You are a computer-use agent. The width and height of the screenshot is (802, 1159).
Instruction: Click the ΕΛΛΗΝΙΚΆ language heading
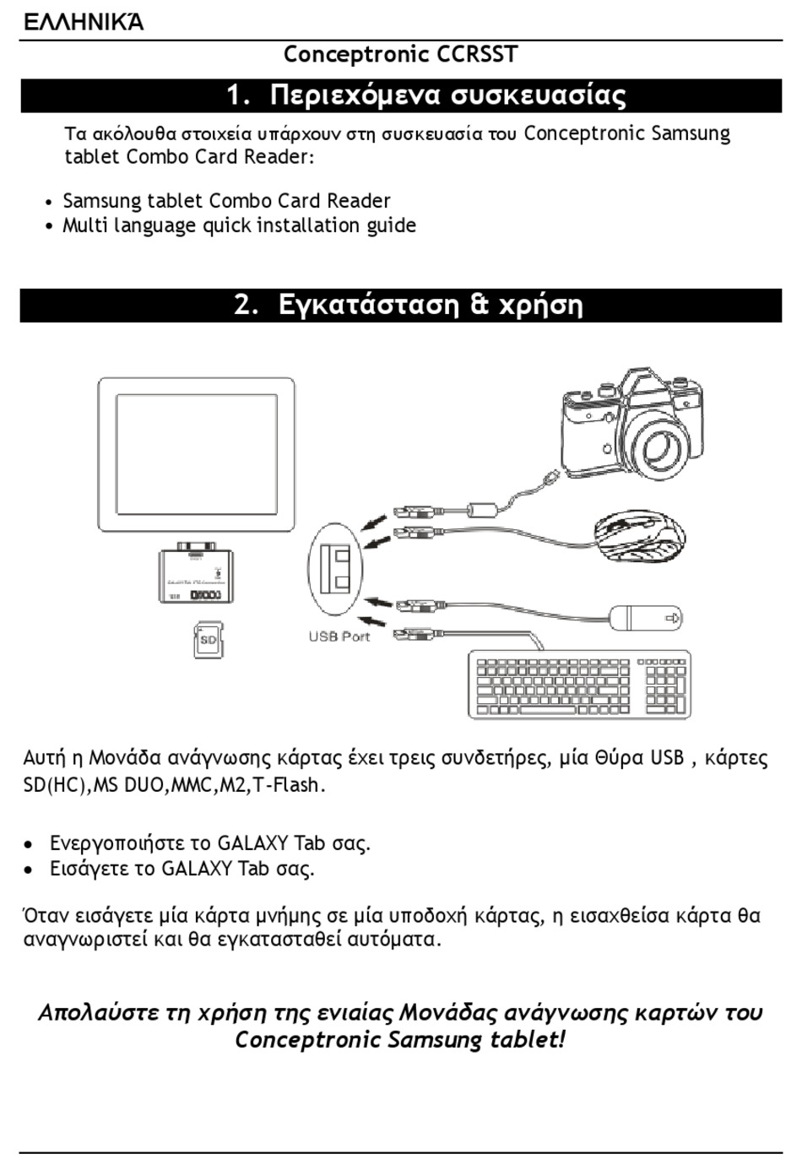(x=83, y=21)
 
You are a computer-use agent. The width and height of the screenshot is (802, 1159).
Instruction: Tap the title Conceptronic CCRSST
(x=400, y=55)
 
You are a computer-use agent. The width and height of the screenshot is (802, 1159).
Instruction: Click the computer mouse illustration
(x=640, y=538)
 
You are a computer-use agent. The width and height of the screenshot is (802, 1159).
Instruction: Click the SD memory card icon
(x=208, y=639)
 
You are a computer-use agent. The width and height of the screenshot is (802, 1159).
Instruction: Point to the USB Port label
(x=339, y=636)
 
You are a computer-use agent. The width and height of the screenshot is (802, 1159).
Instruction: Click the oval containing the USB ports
(x=335, y=568)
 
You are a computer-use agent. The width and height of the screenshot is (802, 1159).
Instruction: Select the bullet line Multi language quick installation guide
(x=239, y=225)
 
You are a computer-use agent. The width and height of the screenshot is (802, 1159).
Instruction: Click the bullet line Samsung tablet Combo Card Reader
(x=226, y=201)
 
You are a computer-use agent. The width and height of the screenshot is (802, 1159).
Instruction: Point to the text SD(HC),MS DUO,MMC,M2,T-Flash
(x=174, y=785)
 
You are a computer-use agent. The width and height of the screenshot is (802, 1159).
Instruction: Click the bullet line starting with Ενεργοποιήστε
(x=209, y=843)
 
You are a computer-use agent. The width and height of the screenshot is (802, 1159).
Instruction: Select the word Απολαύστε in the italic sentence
(x=90, y=1012)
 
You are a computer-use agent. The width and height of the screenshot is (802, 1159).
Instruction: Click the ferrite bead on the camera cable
(x=483, y=509)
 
